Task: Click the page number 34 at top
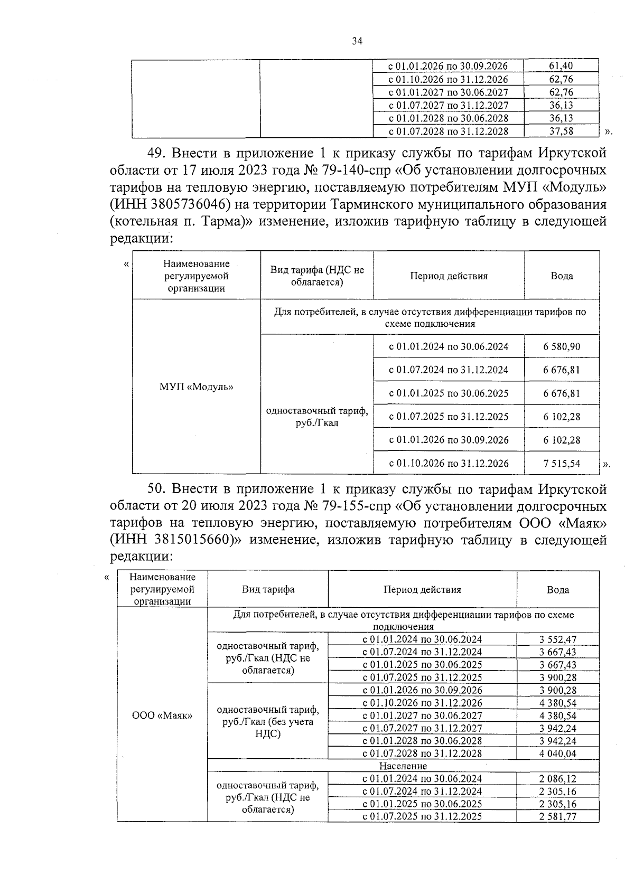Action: coord(357,42)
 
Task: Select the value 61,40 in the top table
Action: coord(561,66)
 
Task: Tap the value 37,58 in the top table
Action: coord(561,131)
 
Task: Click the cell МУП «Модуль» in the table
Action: coord(196,387)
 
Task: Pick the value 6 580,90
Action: coord(561,346)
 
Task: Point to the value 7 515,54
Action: coord(561,463)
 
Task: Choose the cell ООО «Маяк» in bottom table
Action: coord(162,715)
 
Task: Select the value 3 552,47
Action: coord(558,639)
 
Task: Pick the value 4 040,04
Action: coord(558,753)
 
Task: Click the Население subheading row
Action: coord(403,766)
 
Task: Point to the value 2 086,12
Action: coord(558,778)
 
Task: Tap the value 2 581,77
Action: coord(558,816)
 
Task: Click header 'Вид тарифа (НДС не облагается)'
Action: coord(317,276)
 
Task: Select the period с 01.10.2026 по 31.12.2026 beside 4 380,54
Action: coord(422,703)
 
